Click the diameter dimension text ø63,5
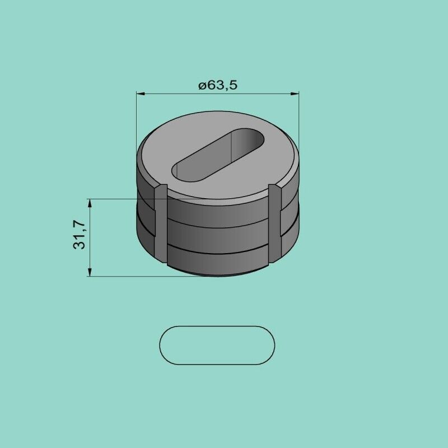(218, 85)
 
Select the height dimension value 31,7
(79, 235)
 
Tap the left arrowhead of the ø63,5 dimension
(141, 94)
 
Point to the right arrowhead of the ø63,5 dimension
(295, 94)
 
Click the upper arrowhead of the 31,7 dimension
(90, 203)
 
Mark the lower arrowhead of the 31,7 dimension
(90, 272)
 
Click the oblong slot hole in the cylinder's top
(217, 155)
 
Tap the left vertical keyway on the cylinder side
(161, 223)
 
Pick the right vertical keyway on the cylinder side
(275, 223)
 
